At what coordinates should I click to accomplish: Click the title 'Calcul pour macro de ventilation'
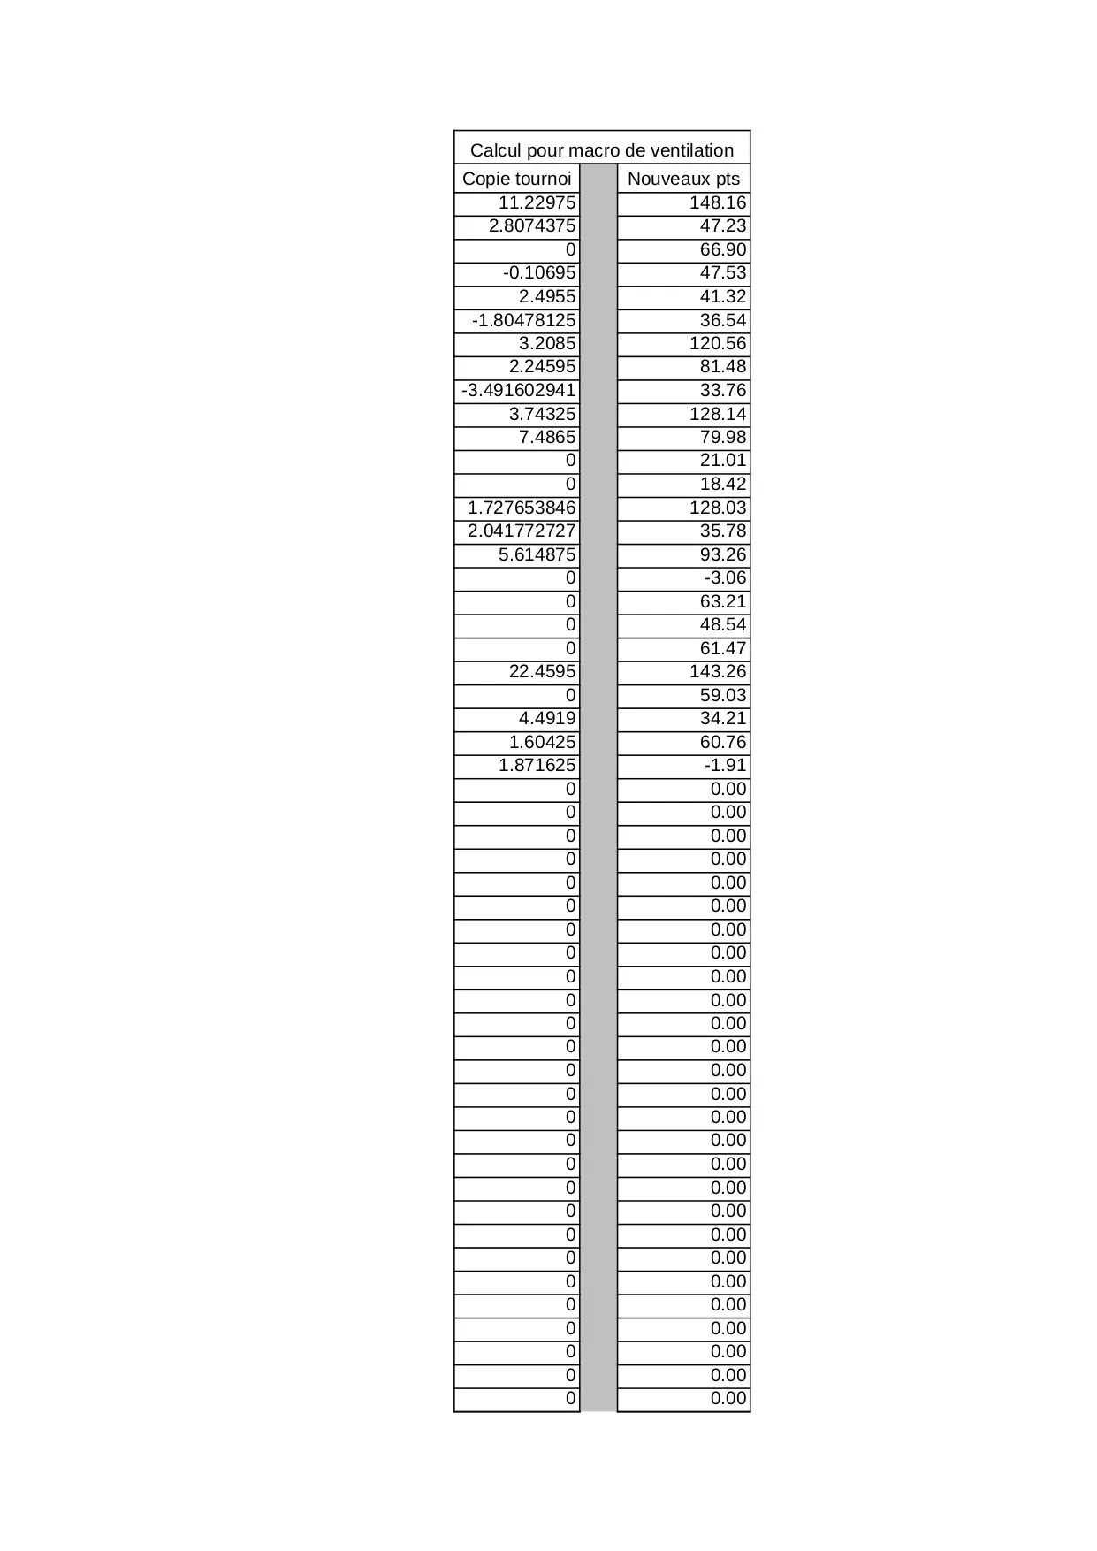coord(601,149)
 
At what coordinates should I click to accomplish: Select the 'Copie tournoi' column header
coord(516,179)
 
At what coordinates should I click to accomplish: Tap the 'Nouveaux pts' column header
coord(683,179)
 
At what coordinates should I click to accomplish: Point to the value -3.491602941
coord(518,390)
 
